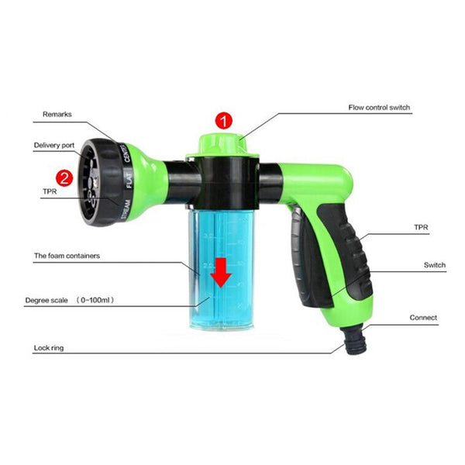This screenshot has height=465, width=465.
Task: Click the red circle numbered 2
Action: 65,178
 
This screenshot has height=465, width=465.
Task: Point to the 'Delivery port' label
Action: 54,145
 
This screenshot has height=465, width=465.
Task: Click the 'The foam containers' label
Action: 67,255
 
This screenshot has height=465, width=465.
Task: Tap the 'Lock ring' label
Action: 48,348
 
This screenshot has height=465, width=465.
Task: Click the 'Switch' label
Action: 434,265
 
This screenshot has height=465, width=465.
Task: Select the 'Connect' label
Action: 423,318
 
